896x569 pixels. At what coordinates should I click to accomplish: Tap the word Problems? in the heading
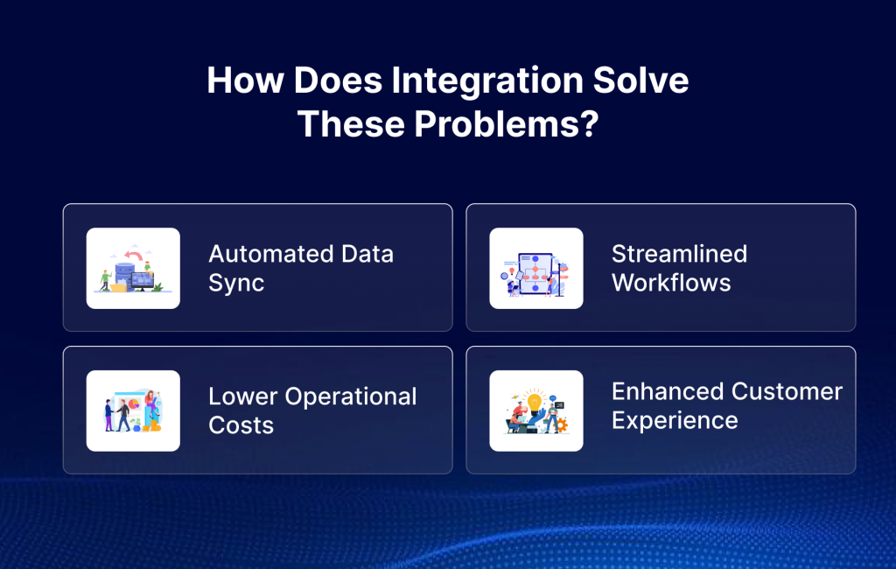click(505, 124)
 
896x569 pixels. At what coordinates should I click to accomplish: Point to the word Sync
click(236, 283)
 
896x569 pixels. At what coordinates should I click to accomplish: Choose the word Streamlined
click(679, 254)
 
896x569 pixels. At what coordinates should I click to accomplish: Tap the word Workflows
click(671, 283)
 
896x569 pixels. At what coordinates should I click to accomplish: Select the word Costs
click(241, 425)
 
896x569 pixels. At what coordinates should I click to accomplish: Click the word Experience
click(675, 420)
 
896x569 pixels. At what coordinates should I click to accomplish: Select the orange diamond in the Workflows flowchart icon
click(535, 269)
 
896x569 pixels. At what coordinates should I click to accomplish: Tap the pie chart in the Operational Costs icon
click(134, 404)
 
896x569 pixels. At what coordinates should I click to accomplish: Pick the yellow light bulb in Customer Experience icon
click(535, 403)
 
